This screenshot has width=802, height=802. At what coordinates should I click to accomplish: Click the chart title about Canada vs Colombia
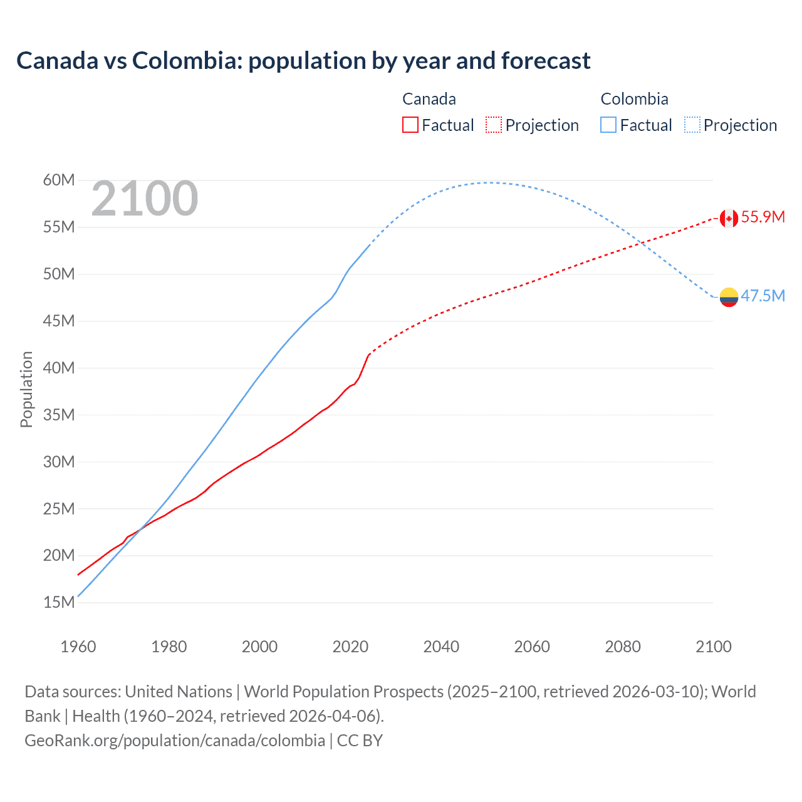click(303, 61)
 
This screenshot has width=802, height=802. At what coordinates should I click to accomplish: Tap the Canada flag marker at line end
click(728, 218)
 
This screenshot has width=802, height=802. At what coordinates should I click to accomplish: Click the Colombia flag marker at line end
click(729, 297)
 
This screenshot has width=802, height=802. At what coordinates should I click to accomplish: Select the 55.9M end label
click(763, 217)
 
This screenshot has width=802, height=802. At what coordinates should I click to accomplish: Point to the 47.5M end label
click(763, 296)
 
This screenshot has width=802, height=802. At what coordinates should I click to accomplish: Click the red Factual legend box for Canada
click(410, 125)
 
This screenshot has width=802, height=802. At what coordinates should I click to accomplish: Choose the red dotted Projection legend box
click(494, 125)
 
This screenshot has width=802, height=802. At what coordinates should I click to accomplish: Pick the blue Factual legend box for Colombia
click(608, 125)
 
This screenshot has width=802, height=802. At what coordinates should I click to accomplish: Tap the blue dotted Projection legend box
click(692, 125)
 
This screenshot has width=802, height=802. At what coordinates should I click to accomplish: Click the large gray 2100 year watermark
click(145, 199)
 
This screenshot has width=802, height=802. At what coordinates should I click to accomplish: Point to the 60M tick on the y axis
click(59, 180)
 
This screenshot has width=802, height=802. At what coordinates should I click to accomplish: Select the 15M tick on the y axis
click(59, 603)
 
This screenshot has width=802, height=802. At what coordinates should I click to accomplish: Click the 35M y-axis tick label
click(59, 415)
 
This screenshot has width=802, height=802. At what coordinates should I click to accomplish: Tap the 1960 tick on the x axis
click(78, 647)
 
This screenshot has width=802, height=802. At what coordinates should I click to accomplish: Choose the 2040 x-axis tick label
click(441, 647)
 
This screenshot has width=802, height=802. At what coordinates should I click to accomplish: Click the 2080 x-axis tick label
click(623, 647)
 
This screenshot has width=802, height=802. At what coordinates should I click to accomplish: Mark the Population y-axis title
click(26, 389)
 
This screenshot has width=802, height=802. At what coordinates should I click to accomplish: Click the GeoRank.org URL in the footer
click(175, 741)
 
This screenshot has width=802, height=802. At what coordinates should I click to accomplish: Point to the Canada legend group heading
click(429, 99)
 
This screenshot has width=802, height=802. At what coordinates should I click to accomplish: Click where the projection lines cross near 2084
click(639, 243)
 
